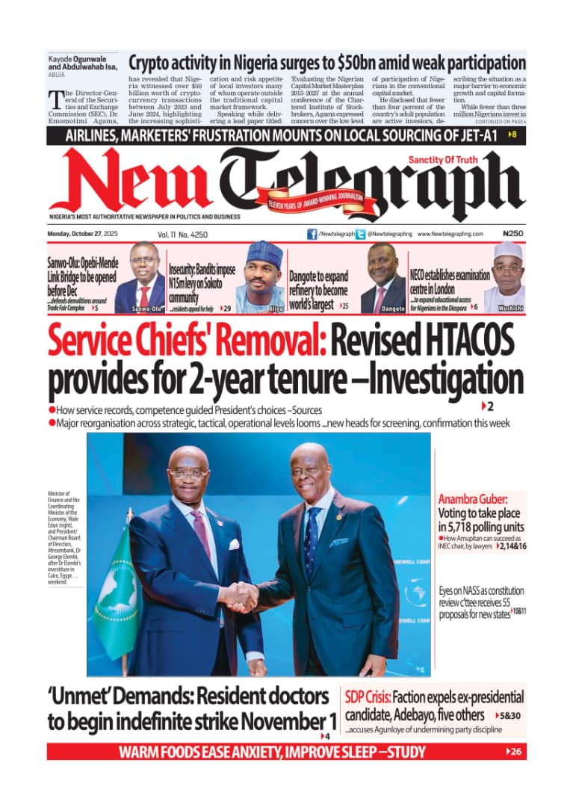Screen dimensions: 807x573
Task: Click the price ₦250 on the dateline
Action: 513,234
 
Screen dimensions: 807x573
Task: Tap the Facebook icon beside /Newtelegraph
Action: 312,234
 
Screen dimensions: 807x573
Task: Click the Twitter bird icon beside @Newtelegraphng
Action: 361,234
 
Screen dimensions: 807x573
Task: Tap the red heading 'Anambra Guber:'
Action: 473,498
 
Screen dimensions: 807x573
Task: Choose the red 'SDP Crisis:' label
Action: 368,697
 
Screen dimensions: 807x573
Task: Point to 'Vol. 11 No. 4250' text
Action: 182,234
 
